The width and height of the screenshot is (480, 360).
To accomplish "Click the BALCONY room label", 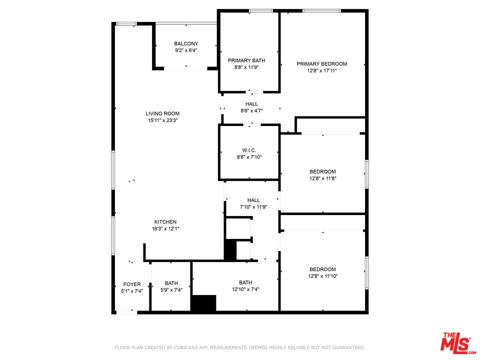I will [x=186, y=43].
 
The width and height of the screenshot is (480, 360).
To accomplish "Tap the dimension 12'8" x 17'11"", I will [x=321, y=71].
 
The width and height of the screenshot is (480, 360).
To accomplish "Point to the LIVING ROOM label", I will [x=162, y=113].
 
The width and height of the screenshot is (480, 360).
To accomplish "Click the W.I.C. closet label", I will [x=249, y=150].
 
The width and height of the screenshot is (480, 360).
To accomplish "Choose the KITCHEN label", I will [x=165, y=222].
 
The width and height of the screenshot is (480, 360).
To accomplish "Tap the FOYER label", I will [x=132, y=284].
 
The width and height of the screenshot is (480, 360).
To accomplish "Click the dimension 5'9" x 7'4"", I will [x=171, y=290].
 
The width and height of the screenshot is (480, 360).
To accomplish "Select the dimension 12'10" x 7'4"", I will [x=245, y=289].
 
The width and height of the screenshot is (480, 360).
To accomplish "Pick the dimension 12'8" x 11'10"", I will [x=322, y=276].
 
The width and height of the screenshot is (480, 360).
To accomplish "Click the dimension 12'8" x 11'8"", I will [x=322, y=178].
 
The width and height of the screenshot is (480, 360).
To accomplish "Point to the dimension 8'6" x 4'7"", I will [x=251, y=110].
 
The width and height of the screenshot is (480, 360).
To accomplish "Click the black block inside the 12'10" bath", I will [x=203, y=303].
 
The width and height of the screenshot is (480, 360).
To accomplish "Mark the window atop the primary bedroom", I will [x=321, y=11].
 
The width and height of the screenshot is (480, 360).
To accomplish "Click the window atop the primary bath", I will [x=260, y=11].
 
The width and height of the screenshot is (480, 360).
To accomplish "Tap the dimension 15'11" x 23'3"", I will [x=162, y=120].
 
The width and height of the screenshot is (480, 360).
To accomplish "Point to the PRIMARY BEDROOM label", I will [x=321, y=63].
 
